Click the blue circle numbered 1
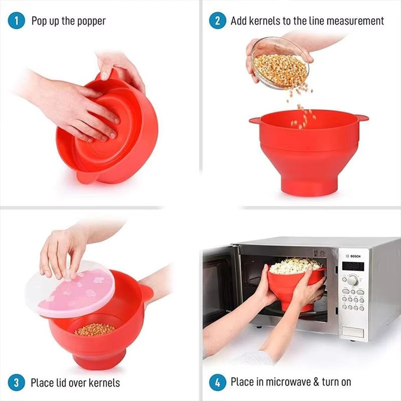click(16, 21)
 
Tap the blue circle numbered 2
click(217, 21)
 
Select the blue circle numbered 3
click(16, 382)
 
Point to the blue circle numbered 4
click(217, 382)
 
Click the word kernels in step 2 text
click(265, 21)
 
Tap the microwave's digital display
click(353, 266)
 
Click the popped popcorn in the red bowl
click(296, 266)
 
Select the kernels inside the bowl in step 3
click(95, 329)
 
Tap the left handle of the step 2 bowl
click(254, 120)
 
